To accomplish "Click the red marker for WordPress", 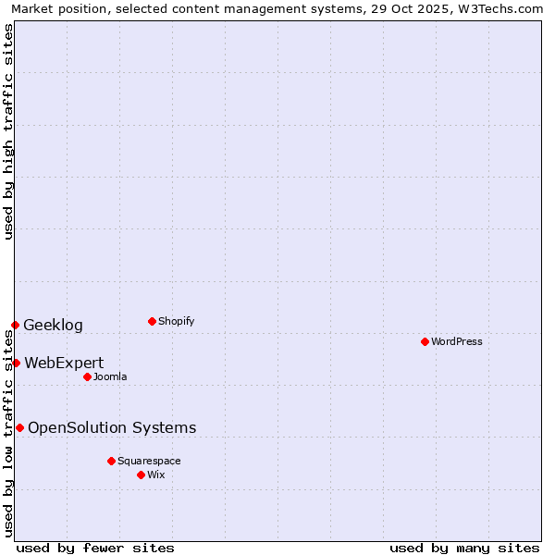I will click(x=425, y=341).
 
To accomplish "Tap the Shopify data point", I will click(x=152, y=321).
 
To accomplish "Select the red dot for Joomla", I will click(x=87, y=376).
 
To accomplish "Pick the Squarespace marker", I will click(x=111, y=461).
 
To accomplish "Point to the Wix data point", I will click(x=141, y=475).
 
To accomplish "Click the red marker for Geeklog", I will click(x=15, y=325).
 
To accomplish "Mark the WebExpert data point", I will click(x=16, y=363).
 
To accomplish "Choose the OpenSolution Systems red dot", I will click(x=19, y=427).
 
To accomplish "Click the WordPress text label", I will click(x=456, y=341).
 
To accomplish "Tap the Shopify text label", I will click(x=176, y=321).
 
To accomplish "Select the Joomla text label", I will click(x=109, y=376).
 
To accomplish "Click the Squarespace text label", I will click(x=149, y=461).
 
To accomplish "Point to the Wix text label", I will click(x=155, y=475).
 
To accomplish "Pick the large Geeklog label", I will click(x=53, y=325).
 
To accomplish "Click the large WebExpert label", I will click(x=64, y=363).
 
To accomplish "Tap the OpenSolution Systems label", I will click(x=112, y=427).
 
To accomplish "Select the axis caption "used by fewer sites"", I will click(x=95, y=548).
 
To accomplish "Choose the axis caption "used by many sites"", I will click(x=464, y=548).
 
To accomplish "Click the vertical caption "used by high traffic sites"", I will click(x=9, y=131).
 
